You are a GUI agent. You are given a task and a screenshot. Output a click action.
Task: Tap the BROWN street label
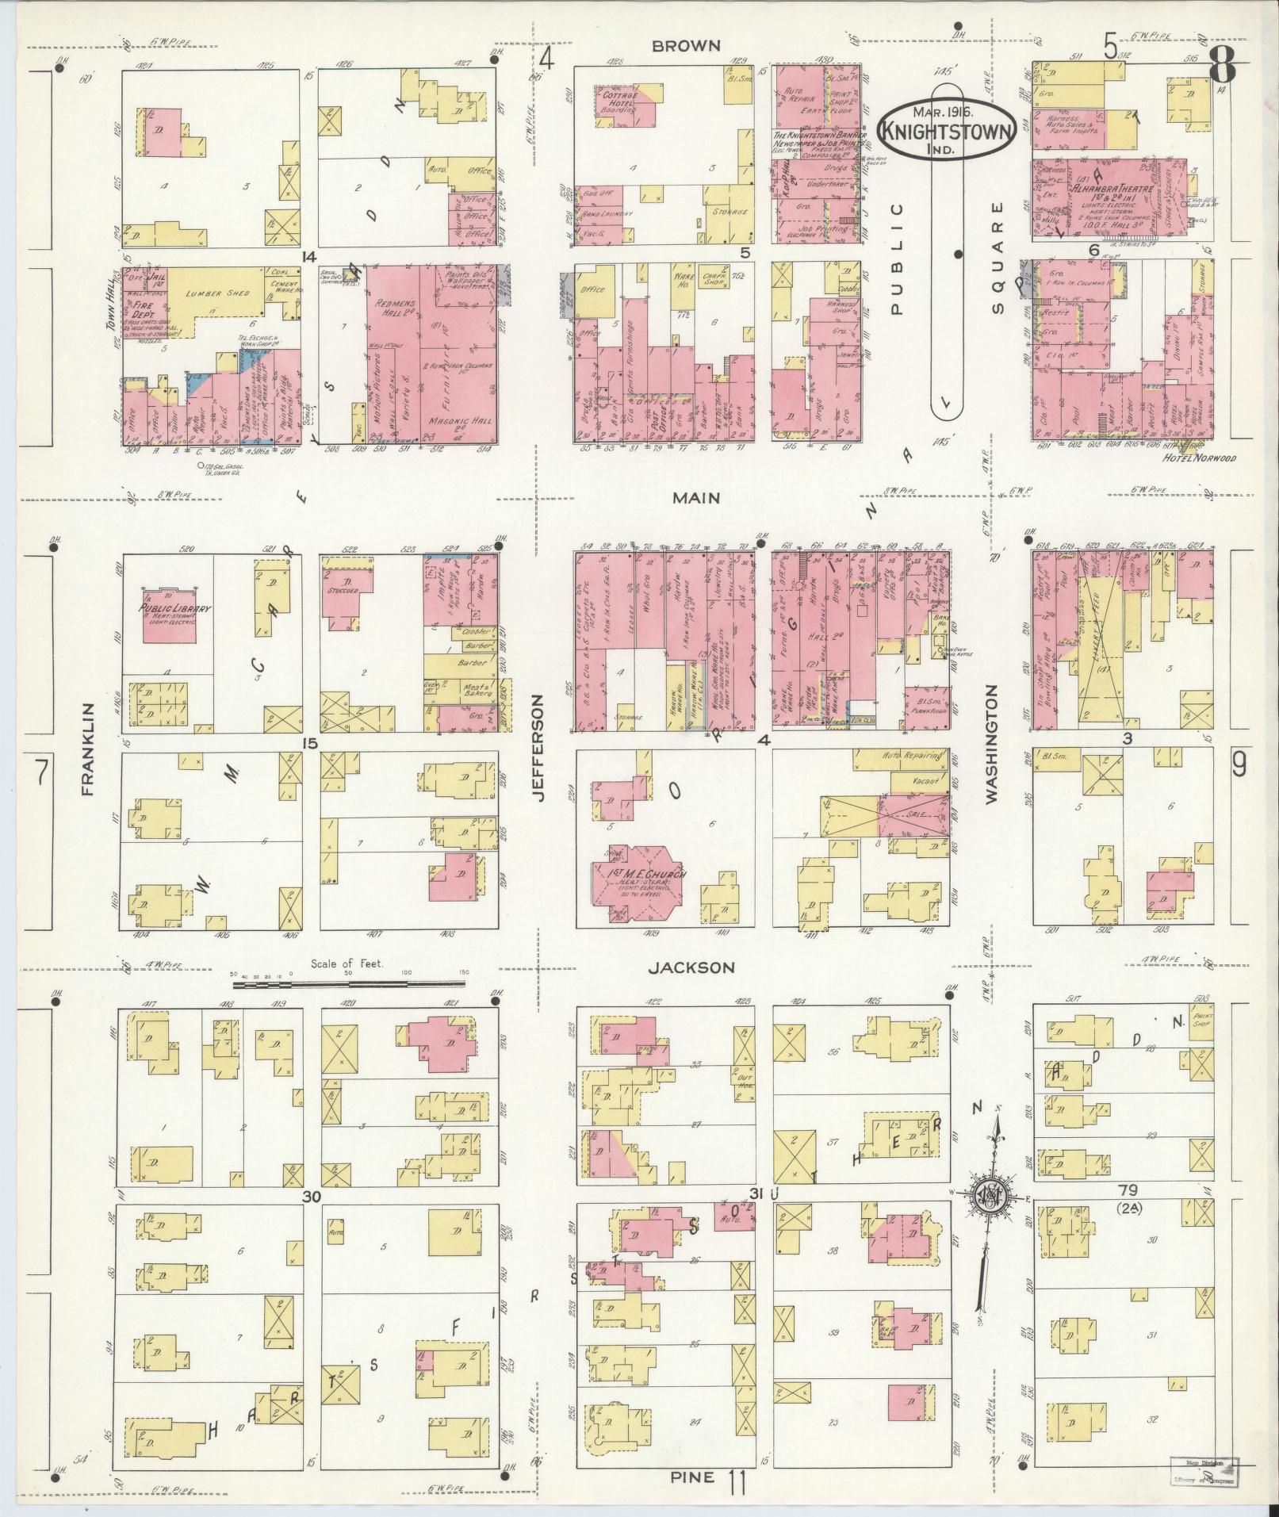[x=686, y=47]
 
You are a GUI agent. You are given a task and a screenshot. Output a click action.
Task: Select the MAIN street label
[x=696, y=498]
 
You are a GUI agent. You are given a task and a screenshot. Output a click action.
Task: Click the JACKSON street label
[x=691, y=967]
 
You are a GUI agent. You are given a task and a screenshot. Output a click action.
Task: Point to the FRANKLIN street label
[x=87, y=749]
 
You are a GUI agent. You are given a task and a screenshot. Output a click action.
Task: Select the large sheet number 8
[x=1222, y=63]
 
